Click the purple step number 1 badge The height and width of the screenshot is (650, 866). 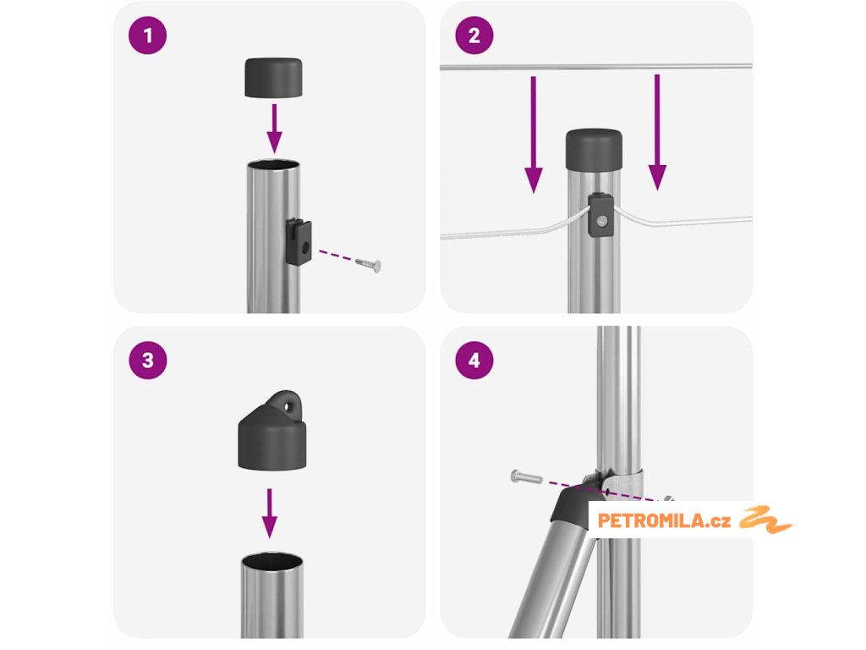point(147,36)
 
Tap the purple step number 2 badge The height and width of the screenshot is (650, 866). point(474,36)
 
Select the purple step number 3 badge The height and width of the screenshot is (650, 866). point(147,361)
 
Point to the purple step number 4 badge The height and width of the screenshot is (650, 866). point(474,361)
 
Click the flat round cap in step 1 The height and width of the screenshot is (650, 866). point(273,77)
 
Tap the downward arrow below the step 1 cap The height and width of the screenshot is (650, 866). point(274,129)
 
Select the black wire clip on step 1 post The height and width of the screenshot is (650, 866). point(299,241)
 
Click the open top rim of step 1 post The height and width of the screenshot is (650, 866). point(273,165)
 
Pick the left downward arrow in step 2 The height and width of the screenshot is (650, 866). point(533,135)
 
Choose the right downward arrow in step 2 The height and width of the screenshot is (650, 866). point(656,132)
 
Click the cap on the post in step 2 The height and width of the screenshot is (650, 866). point(594,150)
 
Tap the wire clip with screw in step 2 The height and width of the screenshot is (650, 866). point(600,215)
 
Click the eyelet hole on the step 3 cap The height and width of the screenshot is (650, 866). point(288,407)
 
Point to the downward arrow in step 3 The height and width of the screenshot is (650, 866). point(270,513)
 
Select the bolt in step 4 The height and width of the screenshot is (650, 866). point(526,476)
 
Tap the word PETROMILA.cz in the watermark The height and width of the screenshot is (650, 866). point(664,521)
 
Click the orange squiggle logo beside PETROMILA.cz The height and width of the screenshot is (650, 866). point(765,520)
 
